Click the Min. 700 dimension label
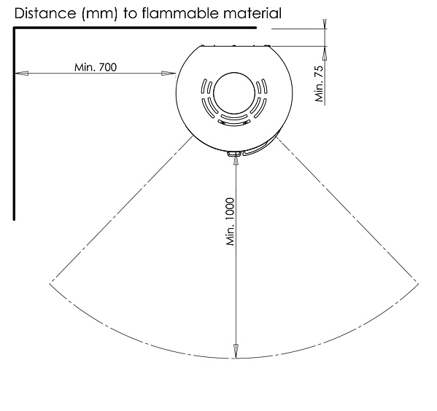[x=96, y=67]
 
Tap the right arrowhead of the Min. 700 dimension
[x=172, y=73]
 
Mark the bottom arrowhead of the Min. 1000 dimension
[x=236, y=352]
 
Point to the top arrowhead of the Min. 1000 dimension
[x=236, y=160]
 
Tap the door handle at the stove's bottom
[x=235, y=153]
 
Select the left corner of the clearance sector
[x=50, y=281]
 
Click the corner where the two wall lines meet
[x=14, y=28]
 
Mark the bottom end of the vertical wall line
[x=14, y=218]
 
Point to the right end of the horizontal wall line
[x=255, y=28]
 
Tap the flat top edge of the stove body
[x=234, y=46]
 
